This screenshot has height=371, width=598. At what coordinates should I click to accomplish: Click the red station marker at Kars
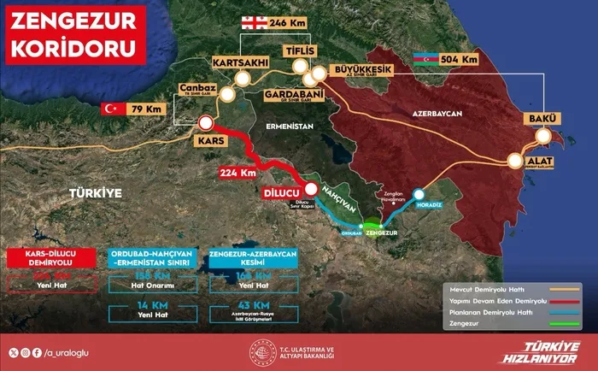point(205,122)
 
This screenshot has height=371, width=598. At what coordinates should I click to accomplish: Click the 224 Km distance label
point(236,174)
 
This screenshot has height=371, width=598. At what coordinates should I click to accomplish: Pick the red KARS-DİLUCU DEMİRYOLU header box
point(54,257)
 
